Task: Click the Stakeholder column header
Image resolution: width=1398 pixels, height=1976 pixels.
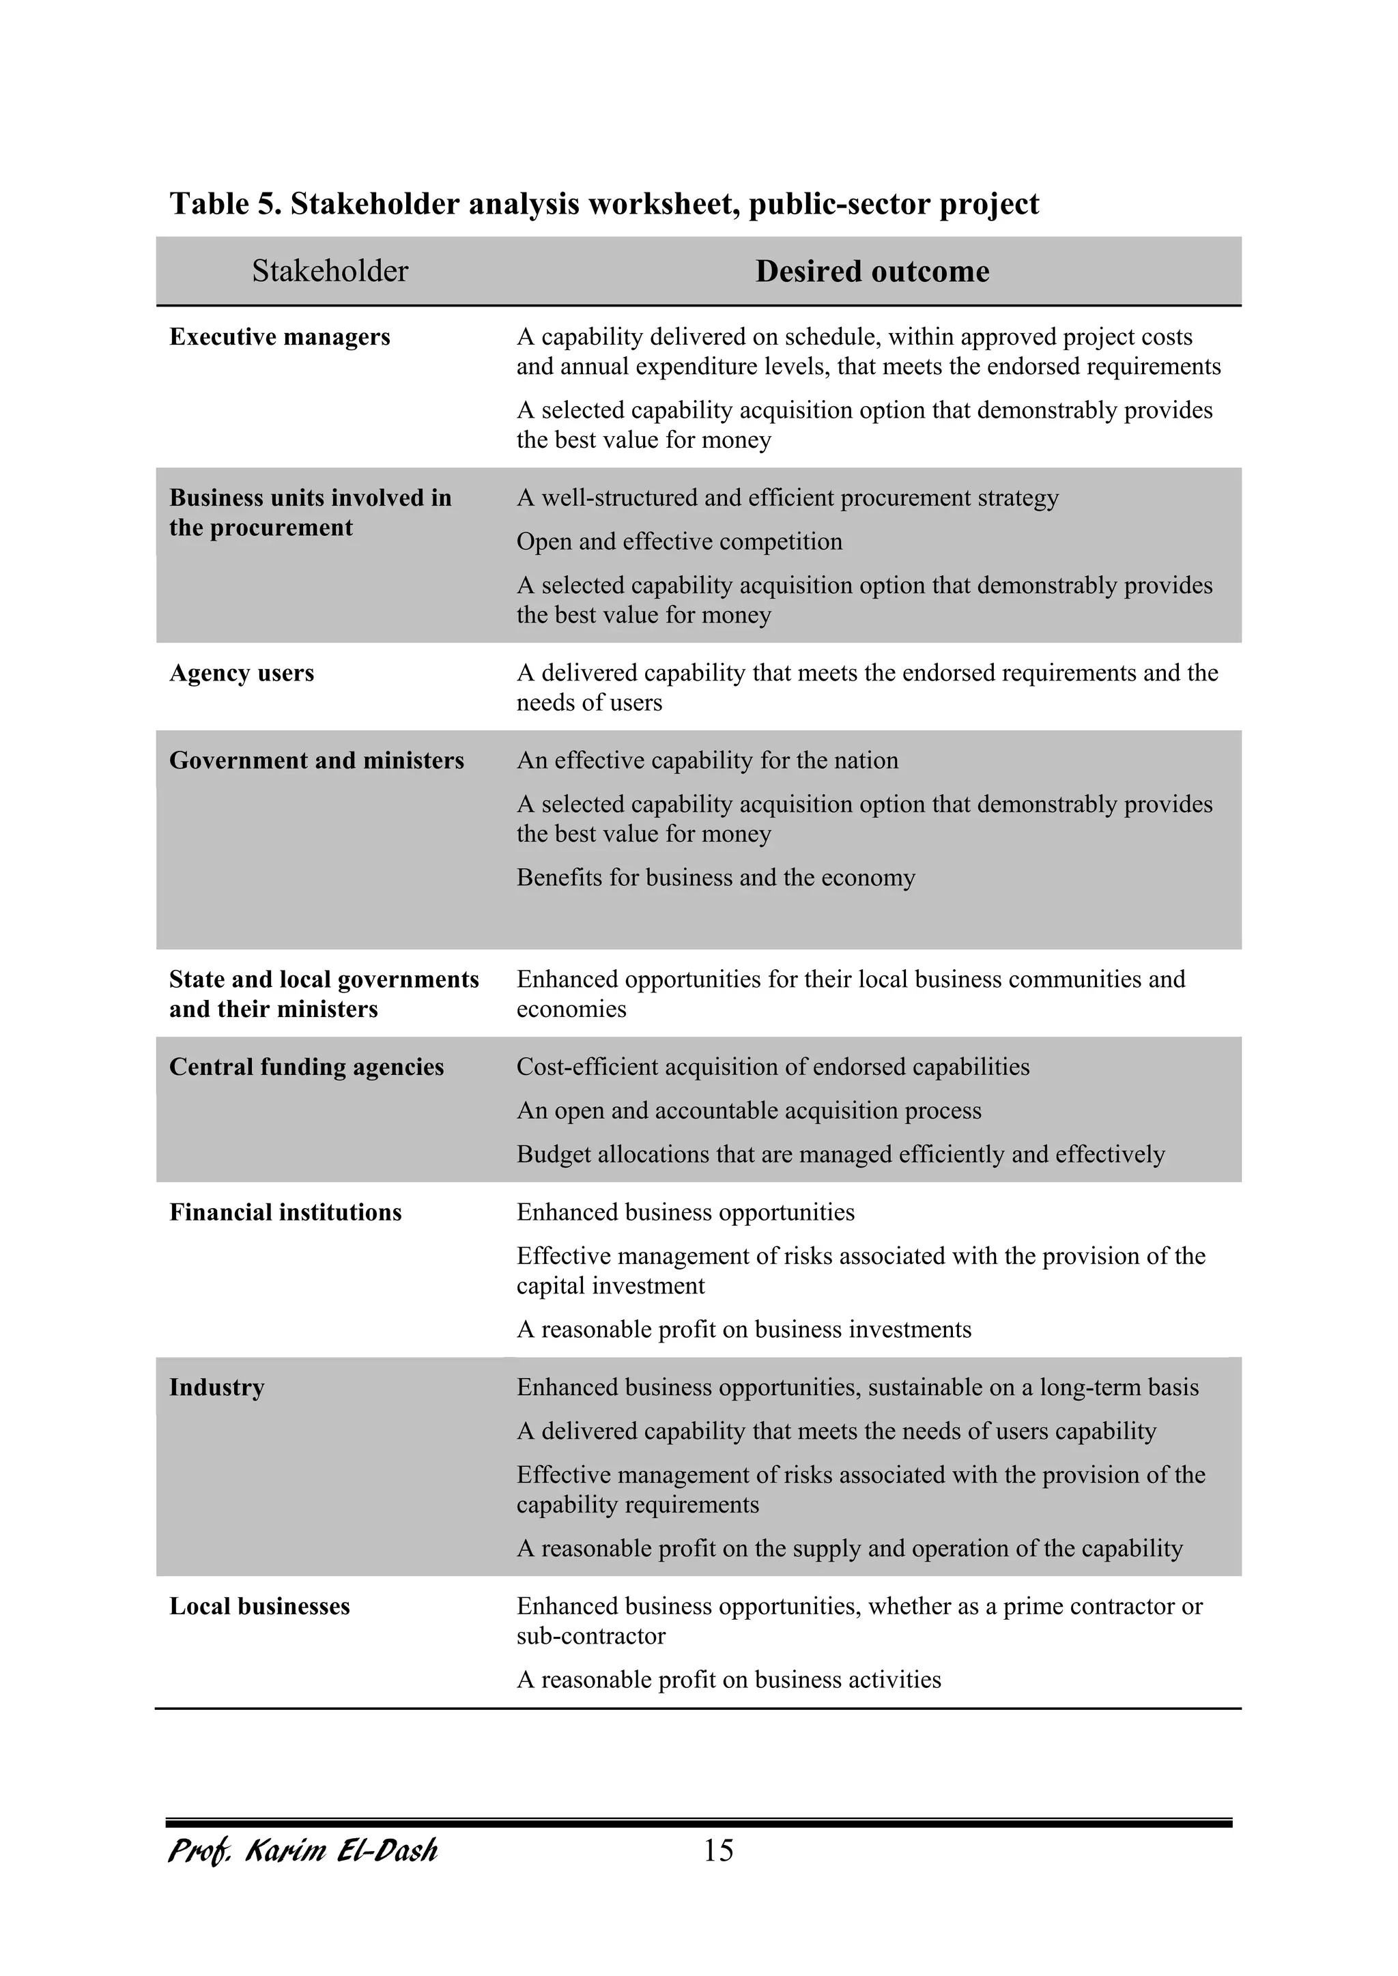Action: (330, 271)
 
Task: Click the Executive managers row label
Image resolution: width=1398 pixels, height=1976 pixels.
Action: (280, 337)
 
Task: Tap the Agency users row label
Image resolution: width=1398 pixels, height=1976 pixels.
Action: (241, 672)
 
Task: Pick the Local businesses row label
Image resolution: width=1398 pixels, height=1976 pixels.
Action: (259, 1606)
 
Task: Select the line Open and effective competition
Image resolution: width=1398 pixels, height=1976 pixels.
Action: (679, 541)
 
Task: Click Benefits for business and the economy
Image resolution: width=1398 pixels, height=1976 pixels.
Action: (715, 877)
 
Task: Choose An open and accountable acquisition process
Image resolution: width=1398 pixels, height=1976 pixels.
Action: (748, 1111)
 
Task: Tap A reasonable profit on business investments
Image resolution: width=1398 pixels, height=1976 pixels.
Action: (744, 1329)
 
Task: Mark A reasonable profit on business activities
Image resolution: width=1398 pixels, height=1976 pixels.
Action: (728, 1679)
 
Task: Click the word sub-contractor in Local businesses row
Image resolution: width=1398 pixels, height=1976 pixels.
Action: (590, 1635)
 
